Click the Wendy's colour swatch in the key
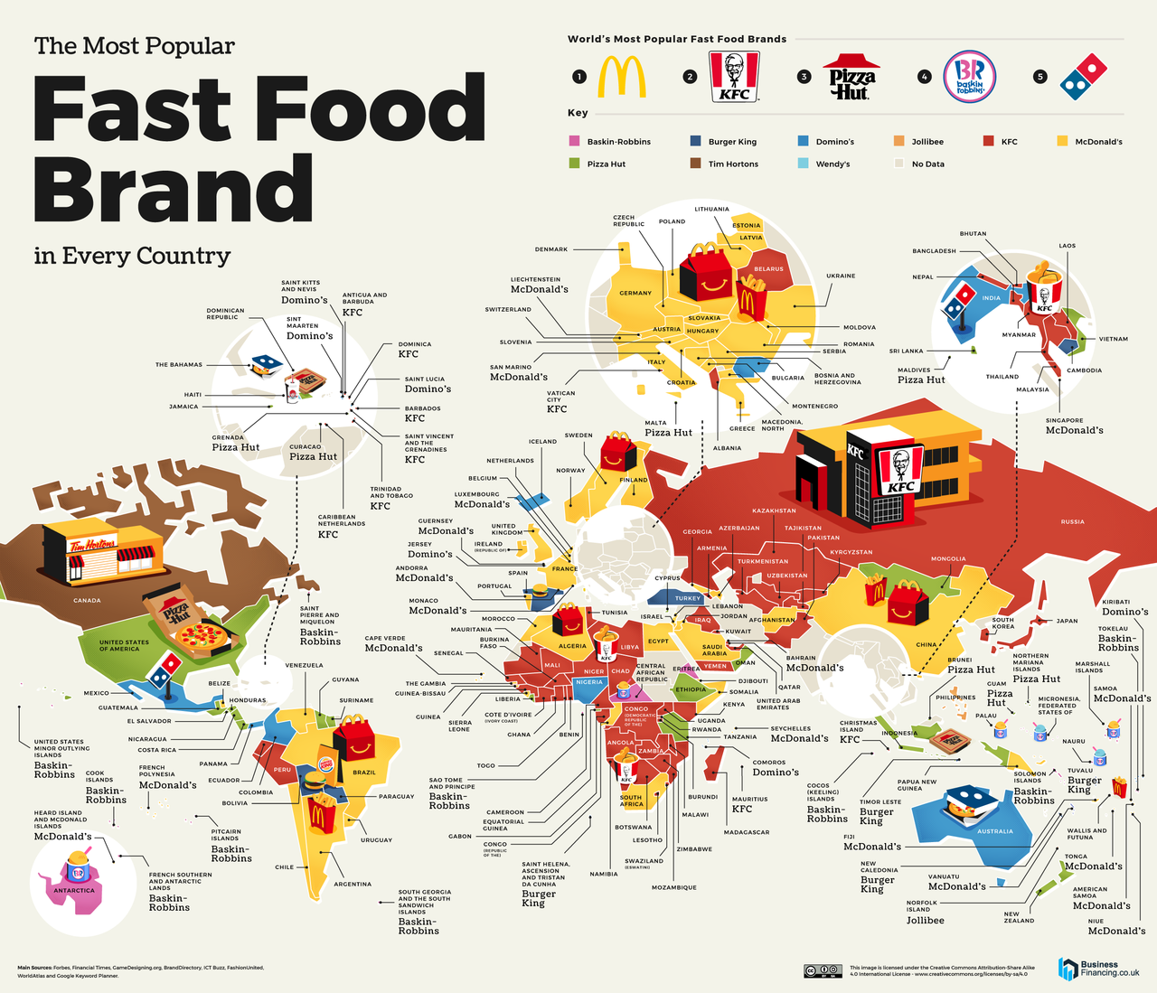[x=803, y=164]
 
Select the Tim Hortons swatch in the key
[x=695, y=164]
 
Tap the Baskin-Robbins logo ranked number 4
[x=969, y=77]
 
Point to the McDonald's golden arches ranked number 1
[x=622, y=77]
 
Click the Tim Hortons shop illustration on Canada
[x=104, y=553]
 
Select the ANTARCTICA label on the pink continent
[x=74, y=891]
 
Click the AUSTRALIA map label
[x=995, y=831]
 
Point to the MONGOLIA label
[x=948, y=558]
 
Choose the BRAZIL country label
[x=364, y=773]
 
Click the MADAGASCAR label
[x=748, y=832]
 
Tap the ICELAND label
[x=542, y=442]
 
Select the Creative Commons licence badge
[x=823, y=971]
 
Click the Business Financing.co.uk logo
[x=1099, y=969]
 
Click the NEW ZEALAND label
[x=1018, y=917]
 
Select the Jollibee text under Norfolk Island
[x=926, y=920]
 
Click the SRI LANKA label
[x=906, y=351]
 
